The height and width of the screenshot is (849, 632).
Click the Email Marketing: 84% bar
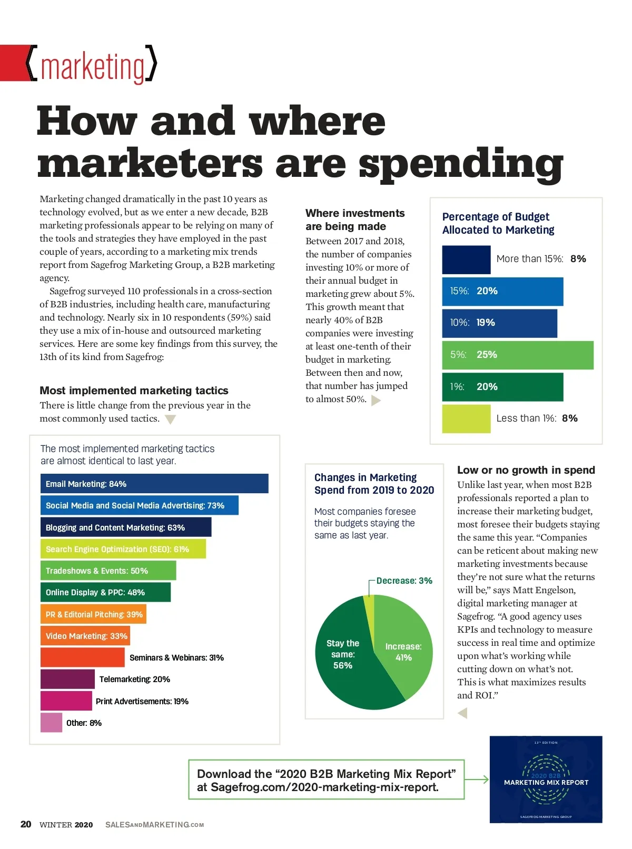(154, 484)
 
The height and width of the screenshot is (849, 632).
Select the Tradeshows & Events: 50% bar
(108, 571)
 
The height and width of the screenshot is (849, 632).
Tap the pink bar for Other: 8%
(51, 723)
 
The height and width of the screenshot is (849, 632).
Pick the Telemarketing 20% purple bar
(67, 679)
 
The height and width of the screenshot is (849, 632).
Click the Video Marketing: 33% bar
(85, 636)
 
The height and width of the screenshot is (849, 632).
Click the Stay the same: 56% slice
(348, 668)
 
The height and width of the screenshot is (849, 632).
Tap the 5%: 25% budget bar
(518, 355)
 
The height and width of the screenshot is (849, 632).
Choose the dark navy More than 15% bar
(466, 259)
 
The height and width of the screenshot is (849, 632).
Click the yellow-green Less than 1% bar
(466, 418)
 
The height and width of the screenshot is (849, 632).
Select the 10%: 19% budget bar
(499, 323)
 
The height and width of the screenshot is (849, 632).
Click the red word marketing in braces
(93, 67)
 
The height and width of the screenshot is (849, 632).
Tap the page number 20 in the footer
(26, 824)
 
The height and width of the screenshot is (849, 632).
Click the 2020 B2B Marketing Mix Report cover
(546, 779)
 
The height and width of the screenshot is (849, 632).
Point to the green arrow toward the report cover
(477, 780)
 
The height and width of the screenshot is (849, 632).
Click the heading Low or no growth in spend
(526, 470)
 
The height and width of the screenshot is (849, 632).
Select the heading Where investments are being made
(355, 219)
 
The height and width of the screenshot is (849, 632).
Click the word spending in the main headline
(461, 164)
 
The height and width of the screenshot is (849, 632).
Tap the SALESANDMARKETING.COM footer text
(154, 825)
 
